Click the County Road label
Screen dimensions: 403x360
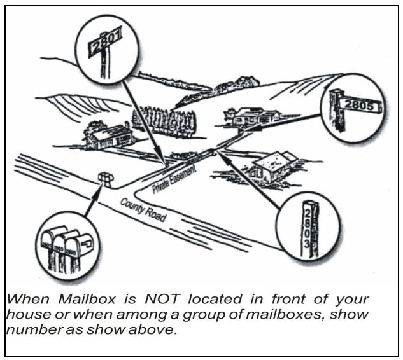[144, 208]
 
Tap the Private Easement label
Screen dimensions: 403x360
[173, 179]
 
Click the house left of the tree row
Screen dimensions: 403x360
[109, 135]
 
